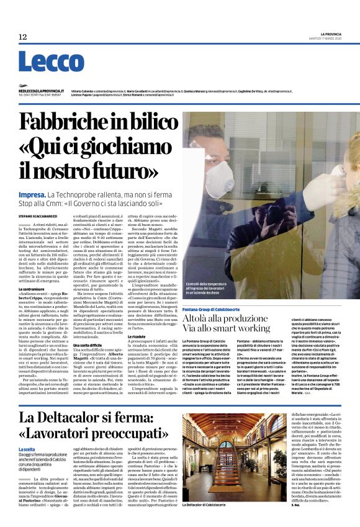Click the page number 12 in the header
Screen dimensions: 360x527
coord(23,37)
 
